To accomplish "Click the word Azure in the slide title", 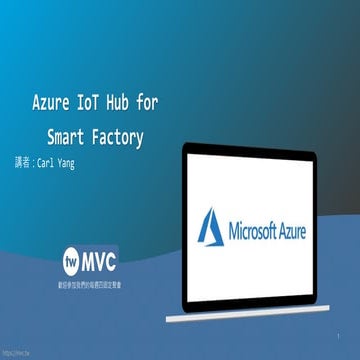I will pos(53,103).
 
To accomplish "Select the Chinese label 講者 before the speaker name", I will pos(22,162).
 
